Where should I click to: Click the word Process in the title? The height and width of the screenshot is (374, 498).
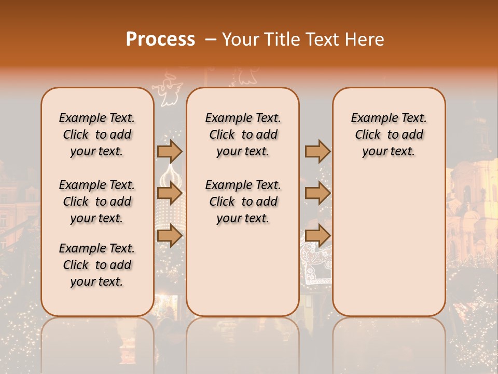[x=160, y=39]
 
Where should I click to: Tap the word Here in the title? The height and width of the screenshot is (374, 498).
[x=364, y=39]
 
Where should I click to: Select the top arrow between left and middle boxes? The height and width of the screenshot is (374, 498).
[x=170, y=151]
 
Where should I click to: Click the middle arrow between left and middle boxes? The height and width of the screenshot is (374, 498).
[x=170, y=194]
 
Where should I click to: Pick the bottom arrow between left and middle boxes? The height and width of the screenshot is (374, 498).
[x=170, y=235]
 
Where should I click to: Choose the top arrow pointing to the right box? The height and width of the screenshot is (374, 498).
[x=317, y=151]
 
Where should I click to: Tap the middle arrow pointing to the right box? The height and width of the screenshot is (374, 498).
[x=317, y=194]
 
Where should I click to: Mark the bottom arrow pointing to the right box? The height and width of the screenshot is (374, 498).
[x=317, y=235]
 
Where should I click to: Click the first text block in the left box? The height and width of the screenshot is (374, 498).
[x=97, y=135]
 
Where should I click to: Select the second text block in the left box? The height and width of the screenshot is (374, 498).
[x=97, y=202]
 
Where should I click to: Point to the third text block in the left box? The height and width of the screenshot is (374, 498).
[x=97, y=265]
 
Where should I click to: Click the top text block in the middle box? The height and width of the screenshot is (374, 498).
[x=243, y=135]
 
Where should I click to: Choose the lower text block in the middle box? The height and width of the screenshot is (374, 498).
[x=243, y=202]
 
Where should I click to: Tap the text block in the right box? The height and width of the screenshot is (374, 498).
[x=389, y=135]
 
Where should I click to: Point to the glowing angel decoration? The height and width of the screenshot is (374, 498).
[x=167, y=90]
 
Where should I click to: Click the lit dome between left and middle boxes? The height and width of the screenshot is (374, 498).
[x=171, y=179]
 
